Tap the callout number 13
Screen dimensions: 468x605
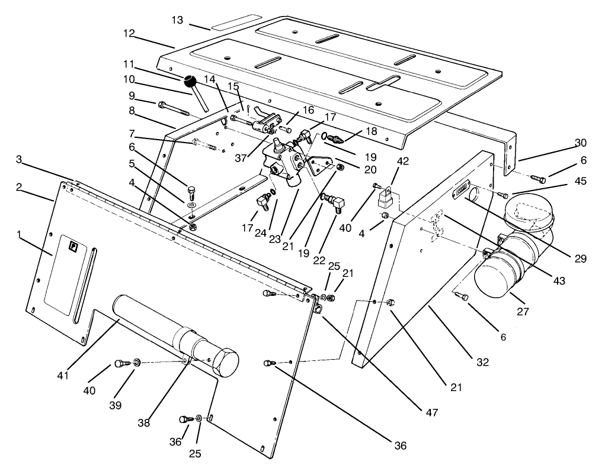click(x=177, y=20)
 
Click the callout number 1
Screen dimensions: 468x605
click(x=21, y=235)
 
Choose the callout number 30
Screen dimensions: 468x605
click(x=581, y=142)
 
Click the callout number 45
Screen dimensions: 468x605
click(x=581, y=181)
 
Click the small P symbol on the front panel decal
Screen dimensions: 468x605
click(x=74, y=248)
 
